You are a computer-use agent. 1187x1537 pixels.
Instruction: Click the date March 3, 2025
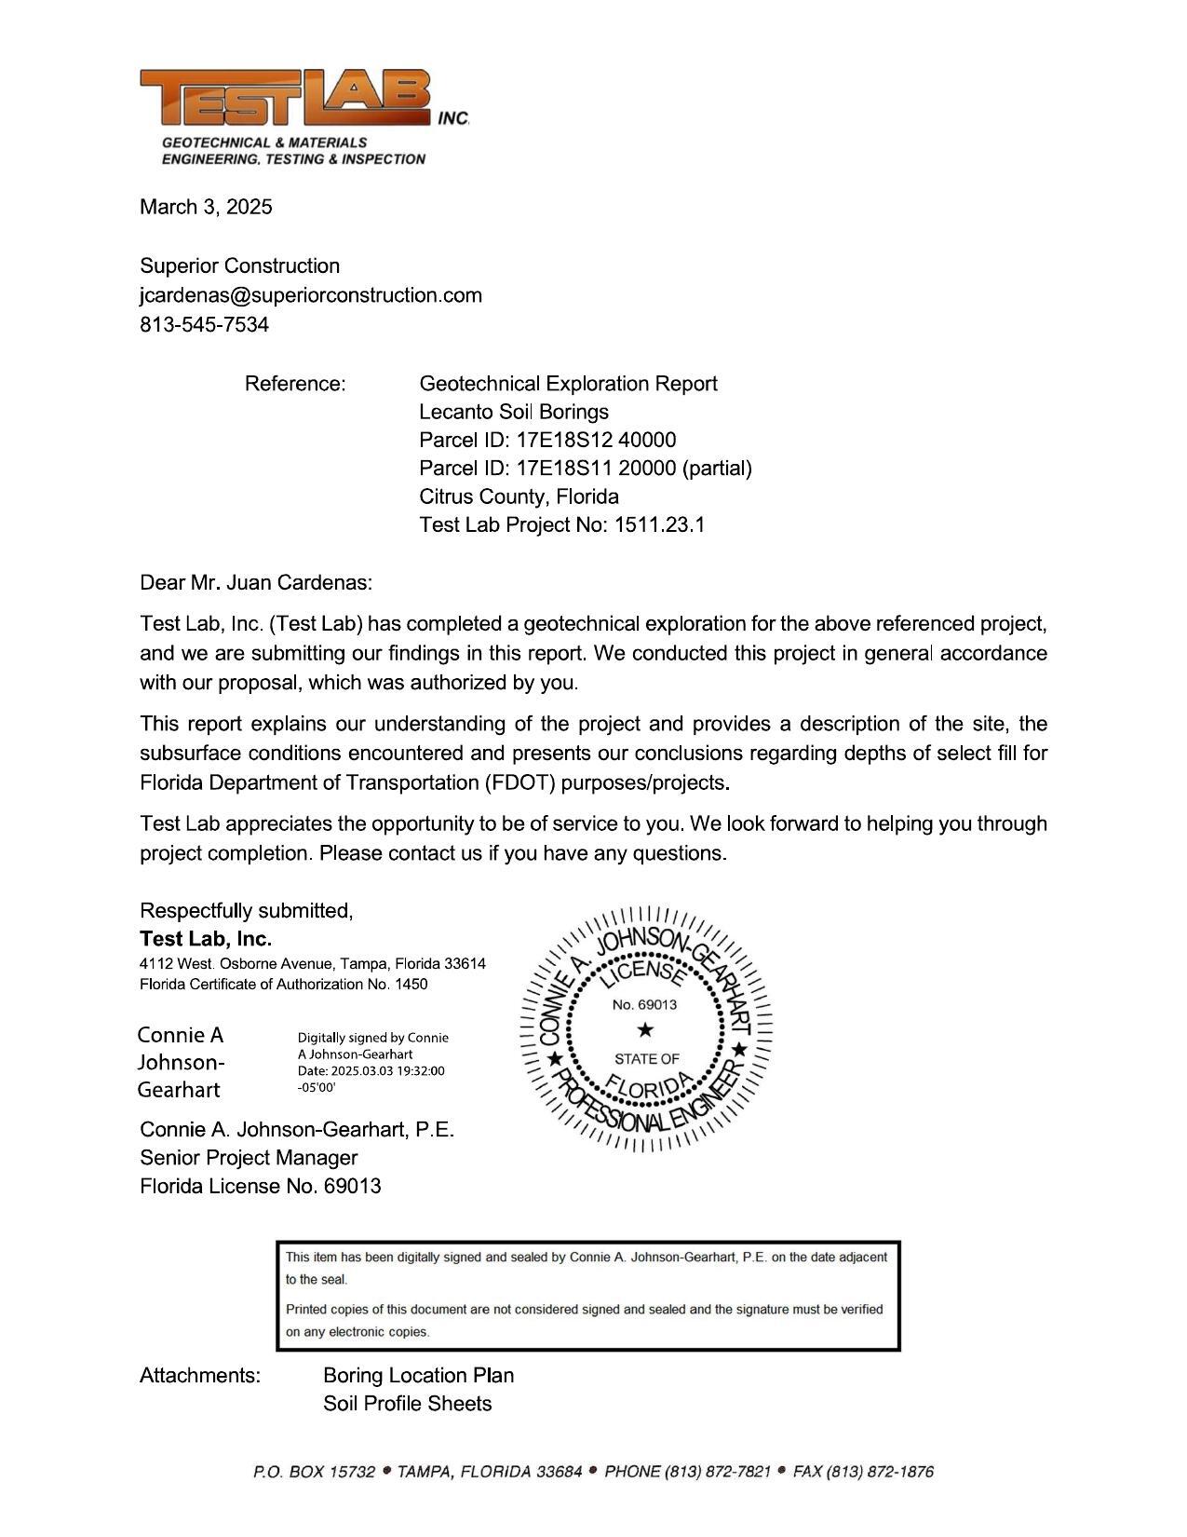pos(206,207)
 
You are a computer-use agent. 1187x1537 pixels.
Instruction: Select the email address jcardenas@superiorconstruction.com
pos(311,295)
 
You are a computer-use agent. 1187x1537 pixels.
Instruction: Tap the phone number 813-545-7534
pos(204,325)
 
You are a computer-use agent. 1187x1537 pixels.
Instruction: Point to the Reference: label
pos(295,384)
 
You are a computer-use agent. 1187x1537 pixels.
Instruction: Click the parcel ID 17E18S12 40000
pos(596,440)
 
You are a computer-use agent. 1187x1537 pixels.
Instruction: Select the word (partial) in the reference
pos(717,468)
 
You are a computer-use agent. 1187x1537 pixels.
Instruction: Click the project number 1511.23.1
pos(659,524)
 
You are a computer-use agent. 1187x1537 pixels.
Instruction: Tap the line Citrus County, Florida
pos(519,496)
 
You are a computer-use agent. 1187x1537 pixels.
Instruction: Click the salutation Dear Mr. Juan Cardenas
pos(256,583)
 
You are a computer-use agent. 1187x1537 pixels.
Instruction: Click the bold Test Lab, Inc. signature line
pos(206,938)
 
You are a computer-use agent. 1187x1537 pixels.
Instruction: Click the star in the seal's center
pos(645,1030)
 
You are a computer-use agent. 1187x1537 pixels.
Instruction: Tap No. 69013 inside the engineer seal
pos(644,1005)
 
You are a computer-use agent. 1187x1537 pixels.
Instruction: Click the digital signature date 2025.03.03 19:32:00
pos(371,1071)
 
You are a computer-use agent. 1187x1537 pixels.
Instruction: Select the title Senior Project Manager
pos(249,1158)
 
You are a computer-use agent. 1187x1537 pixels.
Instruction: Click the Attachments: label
pos(200,1376)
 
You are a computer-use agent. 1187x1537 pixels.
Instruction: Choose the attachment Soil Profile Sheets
pos(407,1404)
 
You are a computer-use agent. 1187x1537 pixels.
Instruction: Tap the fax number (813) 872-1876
pos(879,1472)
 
